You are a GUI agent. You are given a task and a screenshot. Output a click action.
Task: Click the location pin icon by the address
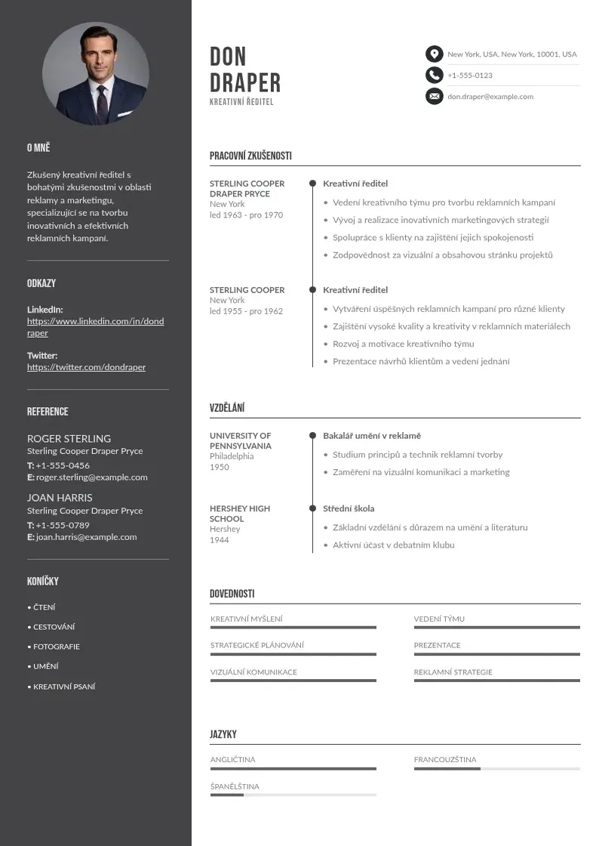click(x=434, y=54)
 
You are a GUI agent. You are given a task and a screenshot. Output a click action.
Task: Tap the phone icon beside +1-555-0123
click(x=434, y=75)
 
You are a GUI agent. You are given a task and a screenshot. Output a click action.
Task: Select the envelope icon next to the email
click(x=434, y=96)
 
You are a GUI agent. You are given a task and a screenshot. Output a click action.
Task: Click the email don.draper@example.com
click(x=490, y=97)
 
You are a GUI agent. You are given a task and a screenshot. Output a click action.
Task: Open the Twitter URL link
click(x=86, y=367)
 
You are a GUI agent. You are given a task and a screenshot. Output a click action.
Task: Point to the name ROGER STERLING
click(x=69, y=438)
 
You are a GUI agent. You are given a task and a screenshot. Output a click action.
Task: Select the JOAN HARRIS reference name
click(x=60, y=498)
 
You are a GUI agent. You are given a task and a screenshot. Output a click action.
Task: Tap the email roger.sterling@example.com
click(x=92, y=477)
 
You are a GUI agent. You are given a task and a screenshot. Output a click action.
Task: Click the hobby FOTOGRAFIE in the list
click(x=56, y=647)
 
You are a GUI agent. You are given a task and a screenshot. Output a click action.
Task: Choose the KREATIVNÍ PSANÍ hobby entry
click(x=64, y=687)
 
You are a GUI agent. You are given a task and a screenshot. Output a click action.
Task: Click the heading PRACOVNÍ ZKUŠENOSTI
click(x=250, y=156)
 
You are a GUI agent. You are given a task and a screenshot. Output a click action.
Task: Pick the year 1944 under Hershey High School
click(x=219, y=540)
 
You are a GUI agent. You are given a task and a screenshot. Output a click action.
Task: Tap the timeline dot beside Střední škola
click(x=312, y=508)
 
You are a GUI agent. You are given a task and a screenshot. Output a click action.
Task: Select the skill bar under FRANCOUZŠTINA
click(x=496, y=769)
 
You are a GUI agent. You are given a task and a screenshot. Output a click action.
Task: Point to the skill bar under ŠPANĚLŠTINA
click(x=293, y=795)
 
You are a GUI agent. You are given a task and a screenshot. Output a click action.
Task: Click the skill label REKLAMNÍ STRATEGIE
click(x=453, y=672)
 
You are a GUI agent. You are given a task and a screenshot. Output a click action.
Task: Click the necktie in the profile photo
click(x=102, y=102)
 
